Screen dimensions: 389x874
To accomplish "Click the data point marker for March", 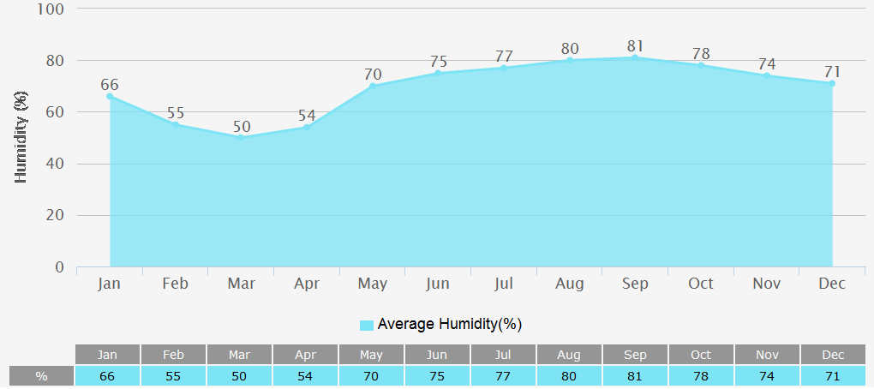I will coord(241,138).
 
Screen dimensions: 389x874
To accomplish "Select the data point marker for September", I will coord(635,57).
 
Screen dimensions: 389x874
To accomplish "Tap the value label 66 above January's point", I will coord(110,85).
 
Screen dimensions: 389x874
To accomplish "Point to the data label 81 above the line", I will coord(635,46).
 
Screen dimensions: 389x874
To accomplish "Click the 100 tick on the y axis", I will coord(51,9).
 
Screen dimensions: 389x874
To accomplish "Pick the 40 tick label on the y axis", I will coord(55,165).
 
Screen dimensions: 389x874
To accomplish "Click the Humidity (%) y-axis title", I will coord(21,138).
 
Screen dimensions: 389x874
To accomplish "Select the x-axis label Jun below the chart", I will coord(438,284).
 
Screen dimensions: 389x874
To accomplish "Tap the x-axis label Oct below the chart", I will coord(701,284).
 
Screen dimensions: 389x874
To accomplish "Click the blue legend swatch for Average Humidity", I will coord(367,325).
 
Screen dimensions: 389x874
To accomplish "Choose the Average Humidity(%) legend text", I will coord(450,324).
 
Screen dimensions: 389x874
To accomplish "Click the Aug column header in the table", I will coord(569,355).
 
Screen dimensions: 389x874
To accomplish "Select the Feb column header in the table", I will coord(174,355).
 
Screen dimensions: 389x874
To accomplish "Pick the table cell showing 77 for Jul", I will coord(503,376).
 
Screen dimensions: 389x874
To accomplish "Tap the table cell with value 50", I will coord(240,376).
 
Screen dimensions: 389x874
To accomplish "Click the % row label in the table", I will coord(41,376).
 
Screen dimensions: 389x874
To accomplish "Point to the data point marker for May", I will coord(373,86).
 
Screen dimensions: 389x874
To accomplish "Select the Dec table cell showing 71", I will coord(833,376).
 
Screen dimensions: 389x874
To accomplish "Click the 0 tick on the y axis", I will coord(60,267).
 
